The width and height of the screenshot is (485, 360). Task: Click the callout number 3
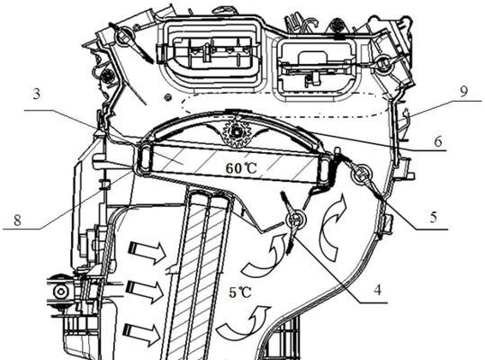point(37,94)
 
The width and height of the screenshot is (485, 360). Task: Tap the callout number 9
point(463,92)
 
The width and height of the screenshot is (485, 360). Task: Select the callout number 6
point(437,141)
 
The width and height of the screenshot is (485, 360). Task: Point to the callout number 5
point(434,217)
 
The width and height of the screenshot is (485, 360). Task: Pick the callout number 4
point(377,290)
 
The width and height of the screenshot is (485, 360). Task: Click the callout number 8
point(17,220)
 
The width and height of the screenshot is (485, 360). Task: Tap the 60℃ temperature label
point(241,168)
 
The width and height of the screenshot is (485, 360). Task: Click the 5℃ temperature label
point(240,292)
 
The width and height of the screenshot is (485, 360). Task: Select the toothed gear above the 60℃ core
point(237,133)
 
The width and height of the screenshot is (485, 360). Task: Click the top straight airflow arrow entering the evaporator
point(148,249)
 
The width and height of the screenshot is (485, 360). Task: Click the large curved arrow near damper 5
point(333,228)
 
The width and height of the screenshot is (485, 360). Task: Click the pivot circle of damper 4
point(296,220)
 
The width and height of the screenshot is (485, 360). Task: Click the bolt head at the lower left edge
point(60,292)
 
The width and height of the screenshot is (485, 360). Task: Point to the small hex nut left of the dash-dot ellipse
point(168,97)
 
